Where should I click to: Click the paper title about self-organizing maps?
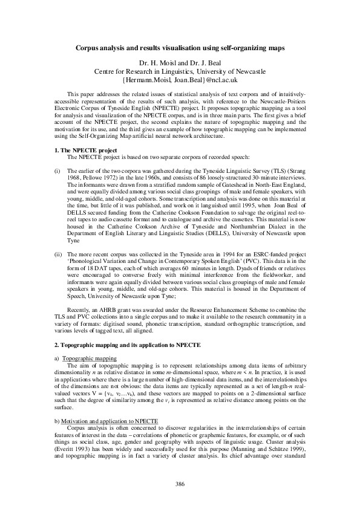[180, 47]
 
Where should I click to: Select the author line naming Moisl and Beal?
[180, 62]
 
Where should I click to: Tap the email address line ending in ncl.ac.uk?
[180, 79]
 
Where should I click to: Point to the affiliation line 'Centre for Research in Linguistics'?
[180, 71]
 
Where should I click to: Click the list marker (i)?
[57, 154]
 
